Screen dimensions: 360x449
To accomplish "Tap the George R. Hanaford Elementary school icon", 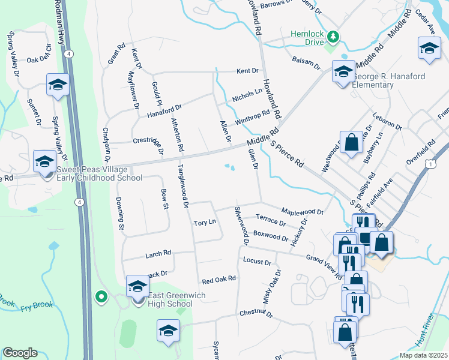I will tap(343, 73).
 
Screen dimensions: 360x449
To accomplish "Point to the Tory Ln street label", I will tap(205, 223).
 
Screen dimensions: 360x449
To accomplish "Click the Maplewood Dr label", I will tap(303, 212).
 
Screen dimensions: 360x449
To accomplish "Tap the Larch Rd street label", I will tap(158, 254).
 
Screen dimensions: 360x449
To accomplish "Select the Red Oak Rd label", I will tap(219, 280).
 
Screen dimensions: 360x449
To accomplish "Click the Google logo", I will tap(20, 353).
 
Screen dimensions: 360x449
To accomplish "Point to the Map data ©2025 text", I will tap(423, 355).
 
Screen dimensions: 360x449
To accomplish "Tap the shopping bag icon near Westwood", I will tap(351, 143).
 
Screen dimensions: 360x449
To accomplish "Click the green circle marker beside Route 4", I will tap(101, 295).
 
